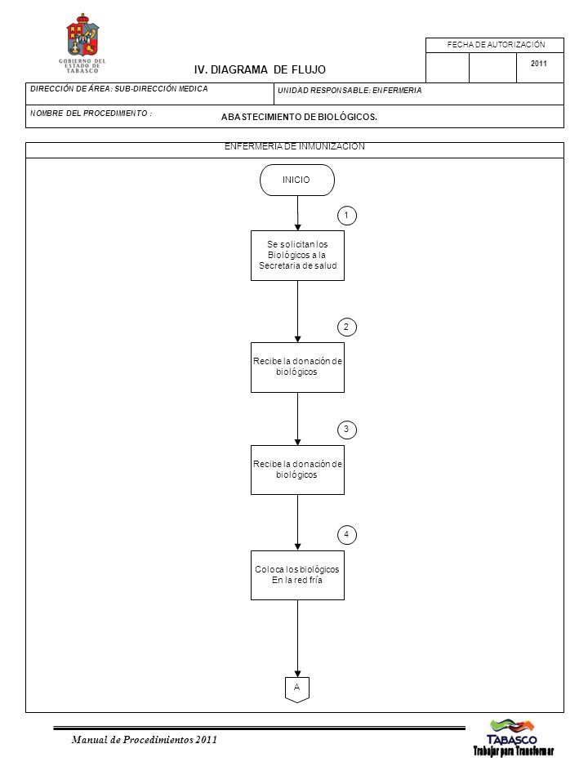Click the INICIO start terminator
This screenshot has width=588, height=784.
tap(297, 180)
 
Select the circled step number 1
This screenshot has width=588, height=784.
tap(347, 216)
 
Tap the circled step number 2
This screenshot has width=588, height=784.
tap(347, 327)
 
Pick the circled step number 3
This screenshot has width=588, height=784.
tap(347, 430)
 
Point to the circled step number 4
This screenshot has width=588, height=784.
tap(347, 534)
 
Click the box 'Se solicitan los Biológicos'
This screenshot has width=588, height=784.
tap(297, 256)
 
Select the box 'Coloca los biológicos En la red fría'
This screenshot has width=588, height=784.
tap(297, 575)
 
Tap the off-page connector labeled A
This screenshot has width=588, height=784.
tap(297, 689)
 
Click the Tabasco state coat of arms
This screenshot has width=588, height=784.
tap(82, 36)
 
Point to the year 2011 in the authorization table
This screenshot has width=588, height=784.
tap(538, 64)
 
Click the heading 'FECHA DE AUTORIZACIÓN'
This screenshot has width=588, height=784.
tap(496, 45)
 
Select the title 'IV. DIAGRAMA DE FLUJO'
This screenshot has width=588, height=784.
tap(260, 69)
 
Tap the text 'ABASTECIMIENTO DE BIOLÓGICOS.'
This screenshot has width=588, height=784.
tap(299, 117)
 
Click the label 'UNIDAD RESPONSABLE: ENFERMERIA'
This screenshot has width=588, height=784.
tap(350, 91)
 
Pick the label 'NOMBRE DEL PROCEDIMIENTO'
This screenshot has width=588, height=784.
tap(91, 114)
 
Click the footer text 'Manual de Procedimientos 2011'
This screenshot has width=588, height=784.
tap(144, 740)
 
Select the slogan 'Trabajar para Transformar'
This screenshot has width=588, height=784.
tap(514, 751)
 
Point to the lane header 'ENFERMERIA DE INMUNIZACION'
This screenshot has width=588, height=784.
tap(295, 146)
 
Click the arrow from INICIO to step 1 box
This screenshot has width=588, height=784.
tap(297, 213)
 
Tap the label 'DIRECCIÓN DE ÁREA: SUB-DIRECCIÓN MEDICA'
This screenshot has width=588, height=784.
tap(119, 89)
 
